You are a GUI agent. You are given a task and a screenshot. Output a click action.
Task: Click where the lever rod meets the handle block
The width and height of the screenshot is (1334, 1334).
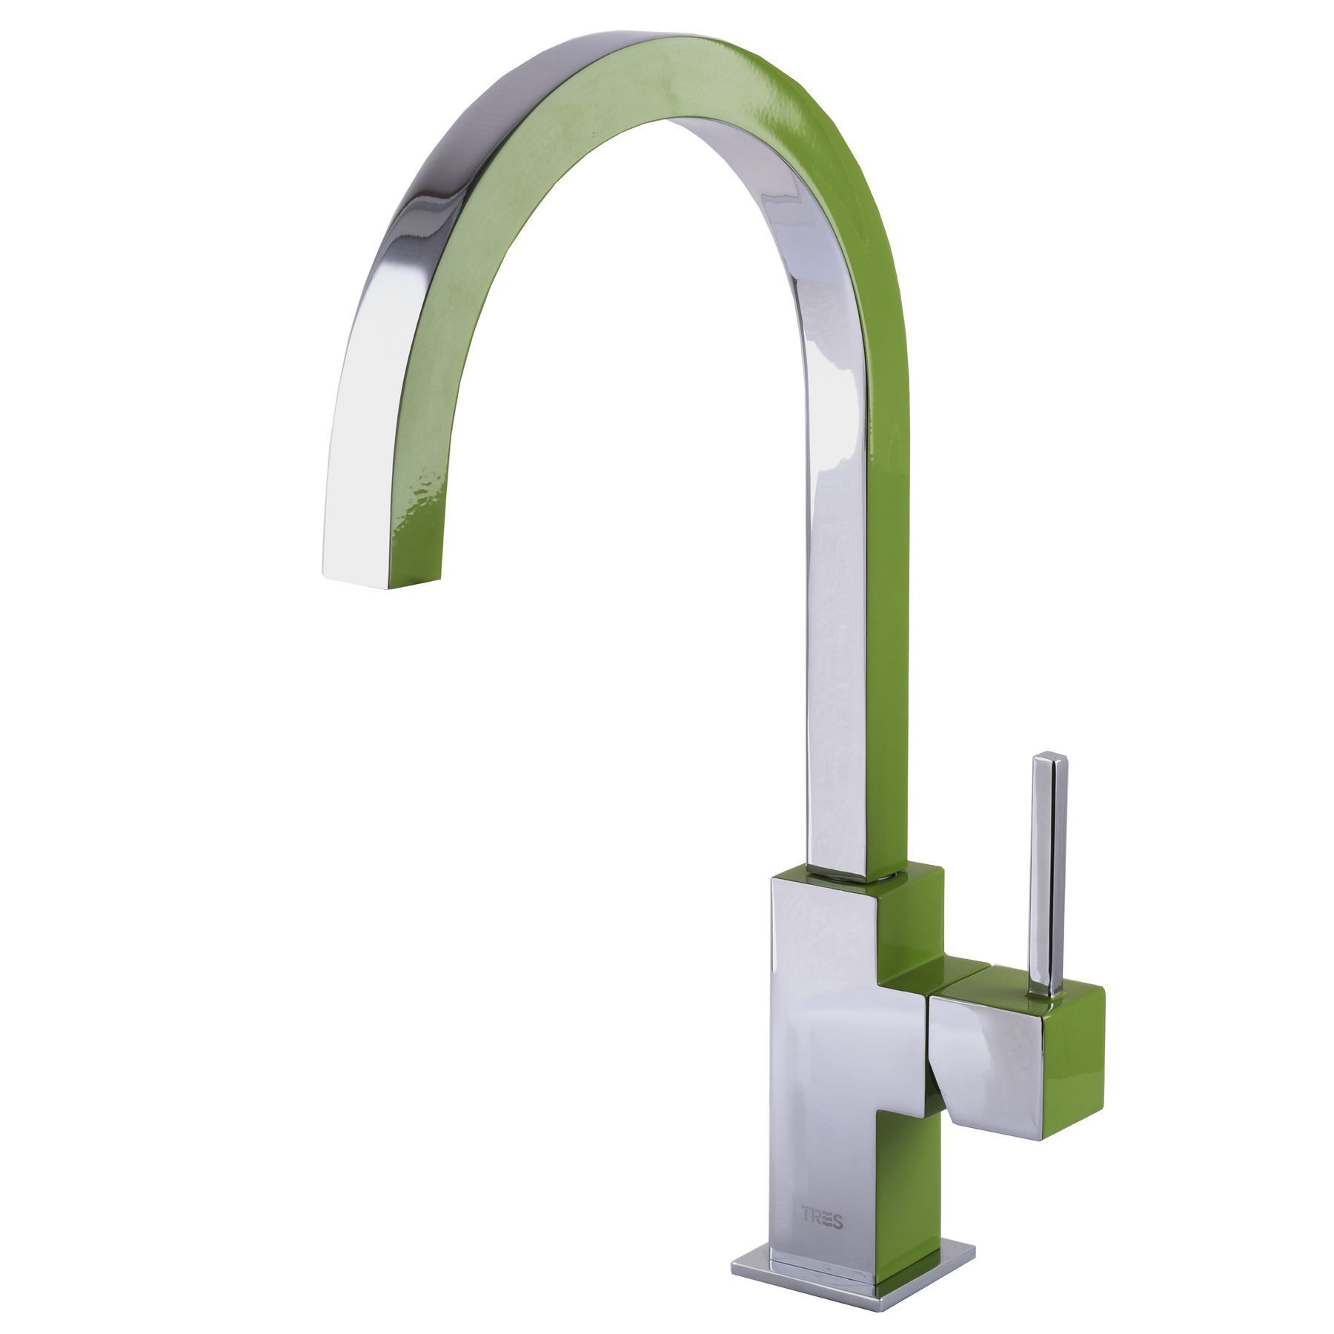tap(1044, 990)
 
